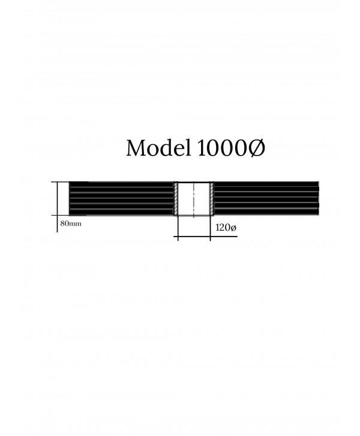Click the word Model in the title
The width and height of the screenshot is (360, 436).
158,148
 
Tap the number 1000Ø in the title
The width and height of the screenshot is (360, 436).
231,148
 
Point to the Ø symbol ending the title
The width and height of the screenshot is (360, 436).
256,148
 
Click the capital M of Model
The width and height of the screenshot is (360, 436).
137,148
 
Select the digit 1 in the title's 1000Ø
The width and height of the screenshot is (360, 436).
201,148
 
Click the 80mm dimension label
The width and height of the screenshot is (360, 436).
71,223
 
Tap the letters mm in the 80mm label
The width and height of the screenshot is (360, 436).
75,224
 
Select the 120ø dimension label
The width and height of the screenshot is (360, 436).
226,228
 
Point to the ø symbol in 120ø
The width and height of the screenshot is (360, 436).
233,228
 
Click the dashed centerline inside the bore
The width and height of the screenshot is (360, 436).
194,199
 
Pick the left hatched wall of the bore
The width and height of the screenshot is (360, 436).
176,199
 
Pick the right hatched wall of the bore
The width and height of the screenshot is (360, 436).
212,199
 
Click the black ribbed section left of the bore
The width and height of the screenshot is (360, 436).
121,198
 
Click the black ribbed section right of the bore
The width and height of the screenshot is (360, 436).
266,198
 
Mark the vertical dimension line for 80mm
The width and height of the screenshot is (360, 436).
58,207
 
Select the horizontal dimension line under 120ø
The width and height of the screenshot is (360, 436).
206,237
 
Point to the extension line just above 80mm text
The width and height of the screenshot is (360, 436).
69,215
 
